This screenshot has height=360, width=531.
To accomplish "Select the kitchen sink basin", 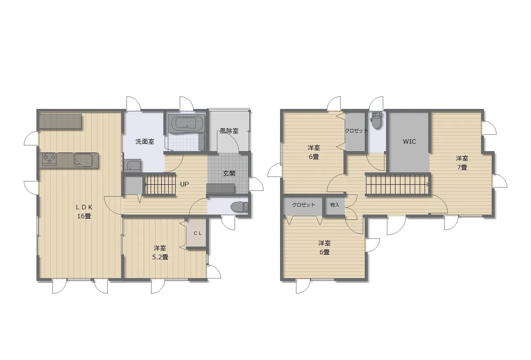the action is click(x=83, y=160).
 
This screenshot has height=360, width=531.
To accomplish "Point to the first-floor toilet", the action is click(x=240, y=207).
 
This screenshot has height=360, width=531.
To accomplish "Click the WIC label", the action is click(x=409, y=142).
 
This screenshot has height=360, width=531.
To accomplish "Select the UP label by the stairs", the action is click(x=184, y=184).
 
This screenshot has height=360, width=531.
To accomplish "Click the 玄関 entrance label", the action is click(x=229, y=173).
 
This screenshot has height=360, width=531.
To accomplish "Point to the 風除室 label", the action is click(x=229, y=131).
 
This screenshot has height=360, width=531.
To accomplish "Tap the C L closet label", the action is click(x=198, y=233).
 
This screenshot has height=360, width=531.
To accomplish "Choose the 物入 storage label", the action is click(x=334, y=205).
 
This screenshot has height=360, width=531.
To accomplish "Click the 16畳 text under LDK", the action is click(x=84, y=216).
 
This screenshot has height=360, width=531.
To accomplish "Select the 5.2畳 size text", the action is click(x=160, y=257).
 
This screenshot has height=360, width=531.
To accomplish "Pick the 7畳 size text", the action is click(x=462, y=167).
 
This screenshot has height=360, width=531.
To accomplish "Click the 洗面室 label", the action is click(x=145, y=142).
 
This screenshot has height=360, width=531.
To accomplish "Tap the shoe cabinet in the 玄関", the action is click(x=221, y=188).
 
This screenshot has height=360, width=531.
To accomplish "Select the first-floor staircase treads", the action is click(x=160, y=184).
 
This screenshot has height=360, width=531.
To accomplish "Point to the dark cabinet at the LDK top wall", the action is click(x=61, y=122).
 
